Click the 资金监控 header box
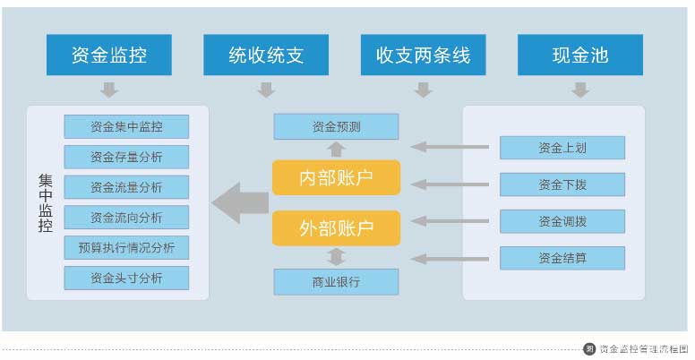[x=109, y=55]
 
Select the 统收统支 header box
[x=266, y=55]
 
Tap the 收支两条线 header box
[x=424, y=55]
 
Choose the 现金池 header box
[x=580, y=55]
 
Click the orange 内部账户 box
[x=337, y=177]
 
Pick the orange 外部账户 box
[x=337, y=227]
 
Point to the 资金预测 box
[x=337, y=127]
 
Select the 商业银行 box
[x=337, y=281]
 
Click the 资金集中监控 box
[x=126, y=127]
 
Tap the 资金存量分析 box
[x=126, y=157]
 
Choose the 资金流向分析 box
[x=126, y=218]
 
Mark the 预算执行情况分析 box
[x=126, y=247]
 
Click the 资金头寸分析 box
[x=126, y=278]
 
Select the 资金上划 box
[x=562, y=148]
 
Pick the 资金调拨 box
[x=562, y=221]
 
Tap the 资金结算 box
[x=562, y=258]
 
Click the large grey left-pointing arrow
[x=240, y=203]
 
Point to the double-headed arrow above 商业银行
[x=337, y=257]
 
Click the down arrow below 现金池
[x=580, y=90]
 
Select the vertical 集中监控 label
[x=46, y=203]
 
